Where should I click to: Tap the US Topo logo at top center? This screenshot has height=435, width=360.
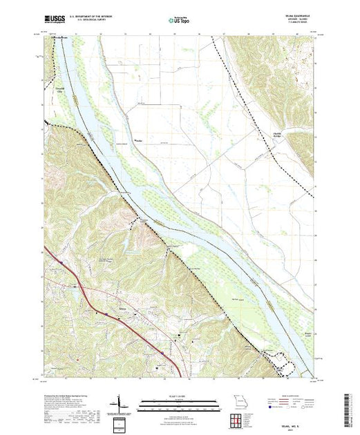179,21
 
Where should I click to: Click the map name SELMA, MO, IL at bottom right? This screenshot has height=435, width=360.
296,407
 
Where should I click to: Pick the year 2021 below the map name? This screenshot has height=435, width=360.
296,412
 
